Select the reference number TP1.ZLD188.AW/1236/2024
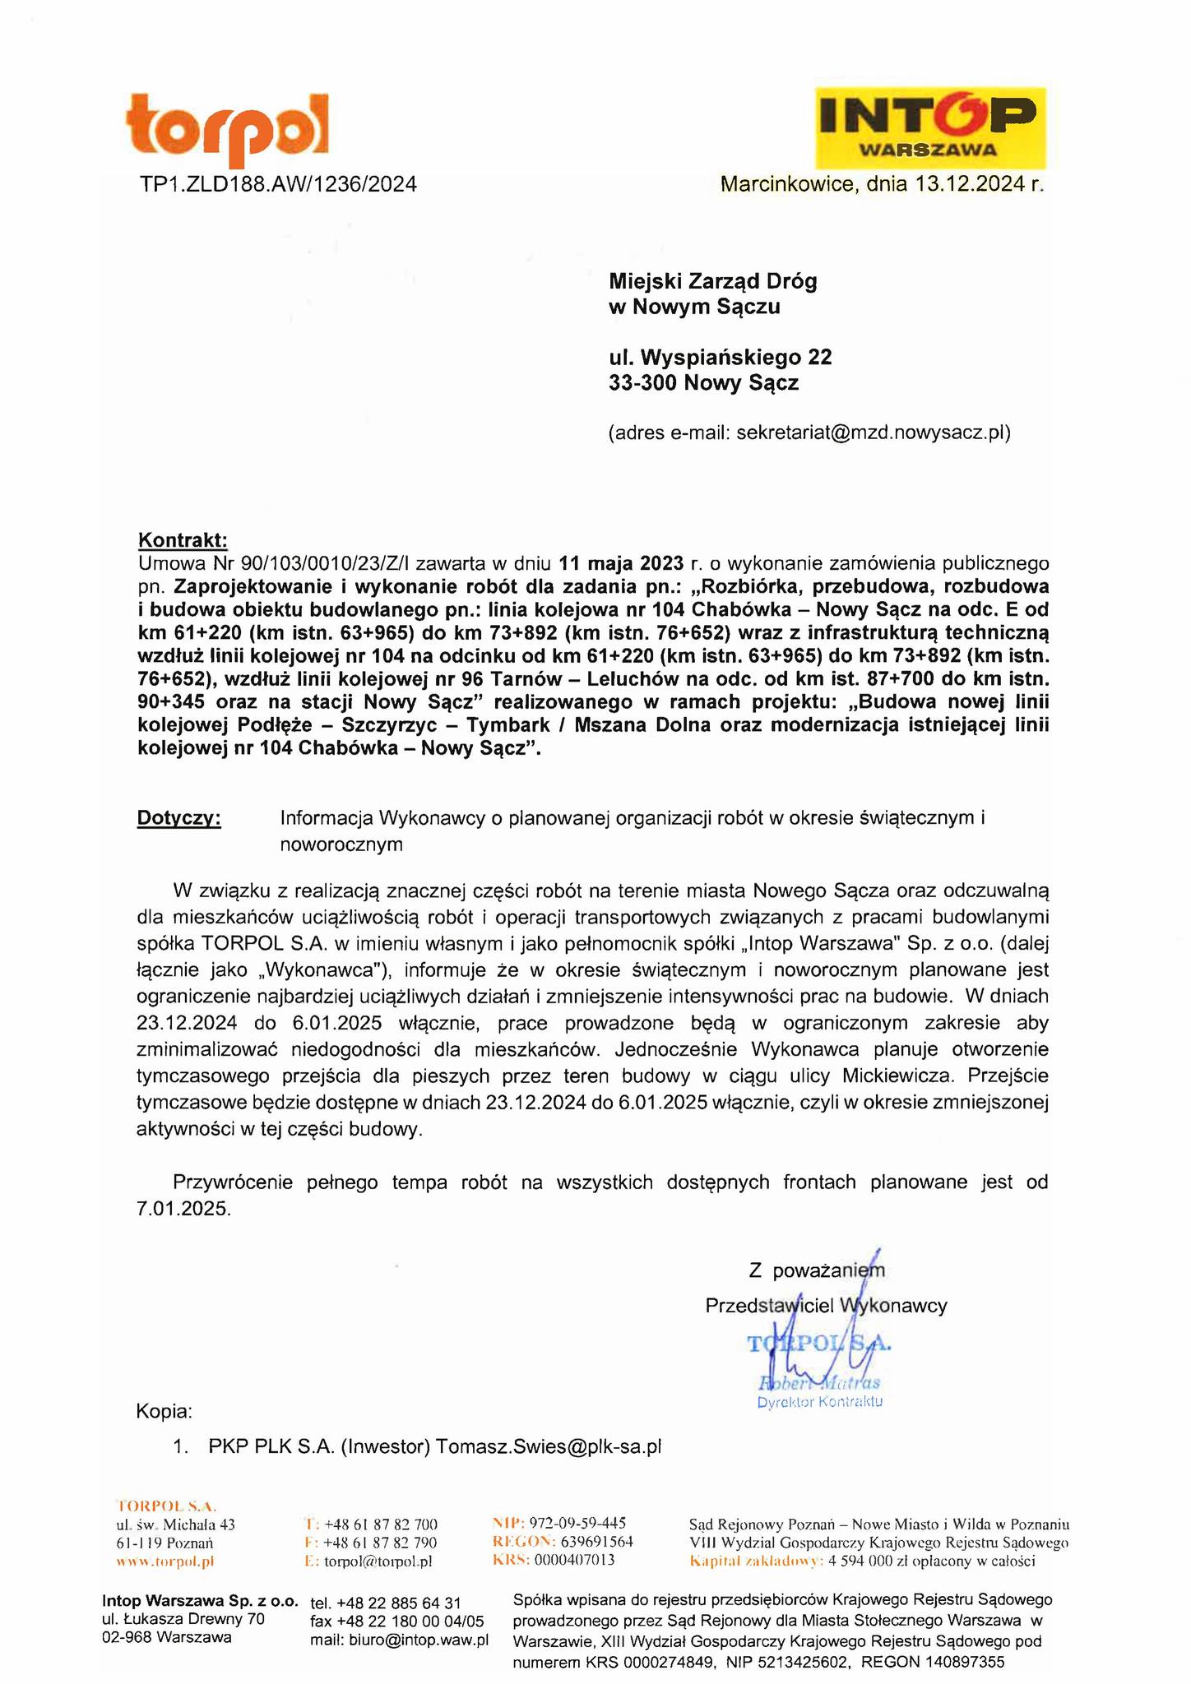pos(278,184)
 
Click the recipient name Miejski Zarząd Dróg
pos(712,282)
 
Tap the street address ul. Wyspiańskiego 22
pos(720,358)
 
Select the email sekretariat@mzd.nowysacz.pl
pos(872,433)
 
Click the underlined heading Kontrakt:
pos(182,540)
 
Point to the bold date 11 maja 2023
pos(621,563)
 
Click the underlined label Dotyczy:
pos(178,818)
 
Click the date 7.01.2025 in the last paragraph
pos(184,1209)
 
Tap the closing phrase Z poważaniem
pos(817,1270)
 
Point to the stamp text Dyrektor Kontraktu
pos(819,1401)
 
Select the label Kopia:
pos(164,1413)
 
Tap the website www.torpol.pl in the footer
pos(165,1561)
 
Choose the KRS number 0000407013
pos(574,1560)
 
